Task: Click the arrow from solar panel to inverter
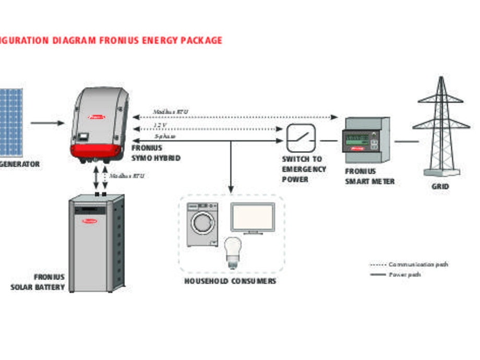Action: (47, 124)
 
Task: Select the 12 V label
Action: (160, 125)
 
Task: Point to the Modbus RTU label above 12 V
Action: (170, 112)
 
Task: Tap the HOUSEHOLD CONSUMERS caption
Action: (230, 282)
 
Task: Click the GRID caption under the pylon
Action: (440, 186)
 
